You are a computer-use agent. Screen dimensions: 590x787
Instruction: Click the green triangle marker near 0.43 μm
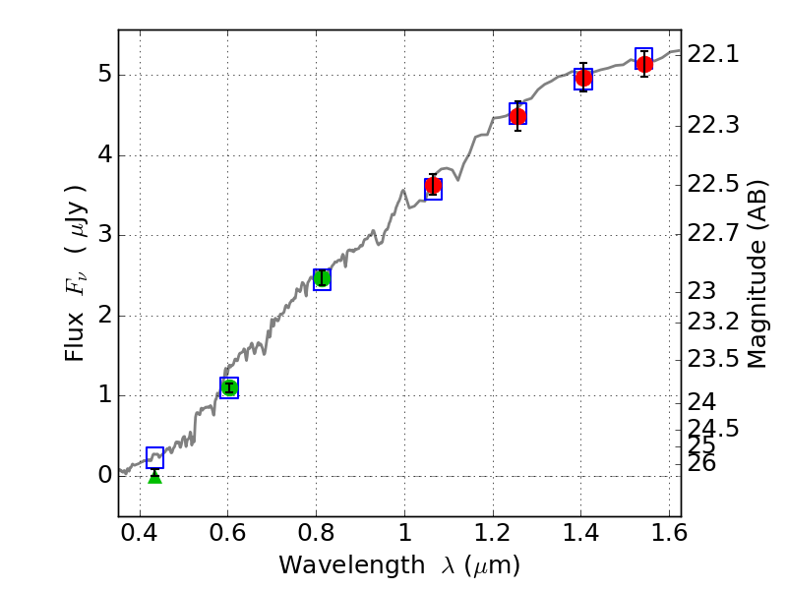click(x=154, y=476)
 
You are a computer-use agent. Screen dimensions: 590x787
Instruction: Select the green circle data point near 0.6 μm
click(x=229, y=387)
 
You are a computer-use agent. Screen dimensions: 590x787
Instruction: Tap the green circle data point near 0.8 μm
click(x=322, y=278)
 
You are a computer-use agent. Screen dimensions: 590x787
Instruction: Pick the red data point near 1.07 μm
click(x=433, y=186)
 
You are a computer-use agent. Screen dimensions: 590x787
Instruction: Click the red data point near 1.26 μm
click(x=517, y=116)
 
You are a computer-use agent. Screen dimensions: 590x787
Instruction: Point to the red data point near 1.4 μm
click(x=583, y=78)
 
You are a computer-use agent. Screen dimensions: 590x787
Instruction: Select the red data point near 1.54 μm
click(x=644, y=64)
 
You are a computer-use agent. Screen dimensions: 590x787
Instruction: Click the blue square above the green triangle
click(x=154, y=457)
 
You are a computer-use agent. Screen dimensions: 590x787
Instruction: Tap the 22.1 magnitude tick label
click(x=713, y=55)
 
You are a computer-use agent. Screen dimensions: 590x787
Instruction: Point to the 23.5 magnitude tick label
click(x=713, y=358)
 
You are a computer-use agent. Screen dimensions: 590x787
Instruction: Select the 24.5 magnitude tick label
click(x=713, y=429)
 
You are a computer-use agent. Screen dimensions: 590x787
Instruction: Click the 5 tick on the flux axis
click(x=103, y=76)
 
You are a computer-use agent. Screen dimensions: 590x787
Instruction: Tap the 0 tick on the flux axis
click(x=103, y=476)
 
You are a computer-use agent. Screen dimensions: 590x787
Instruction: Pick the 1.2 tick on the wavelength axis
click(x=493, y=536)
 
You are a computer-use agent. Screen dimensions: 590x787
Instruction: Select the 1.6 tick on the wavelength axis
click(x=669, y=536)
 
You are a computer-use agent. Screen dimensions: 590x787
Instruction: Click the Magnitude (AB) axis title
click(x=756, y=273)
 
